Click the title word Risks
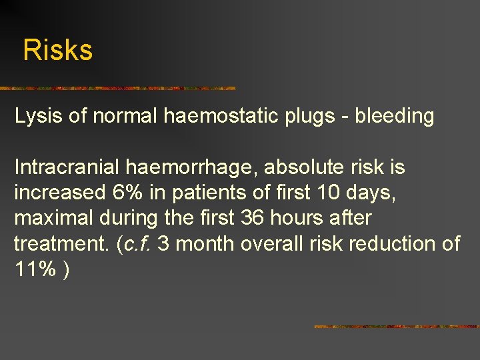58,51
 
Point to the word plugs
314,117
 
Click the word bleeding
394,117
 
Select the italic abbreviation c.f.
136,243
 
